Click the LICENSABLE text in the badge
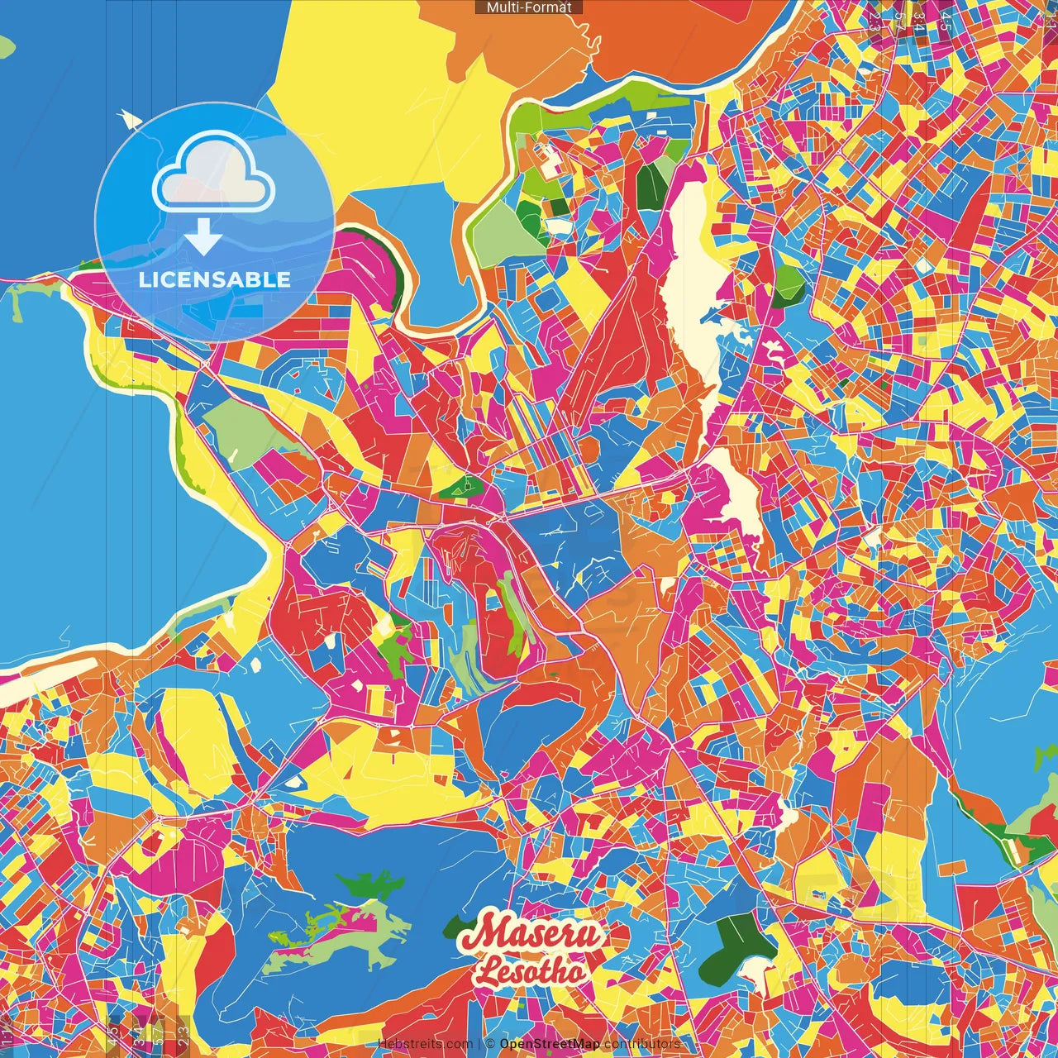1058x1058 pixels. click(214, 279)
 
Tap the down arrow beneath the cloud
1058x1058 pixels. click(203, 236)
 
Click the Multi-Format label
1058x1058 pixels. click(529, 7)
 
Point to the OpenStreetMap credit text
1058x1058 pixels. click(550, 1044)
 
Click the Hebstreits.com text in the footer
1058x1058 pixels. click(426, 1044)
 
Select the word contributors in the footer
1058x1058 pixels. click(642, 1044)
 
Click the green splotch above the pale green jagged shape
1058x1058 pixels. click(372, 887)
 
